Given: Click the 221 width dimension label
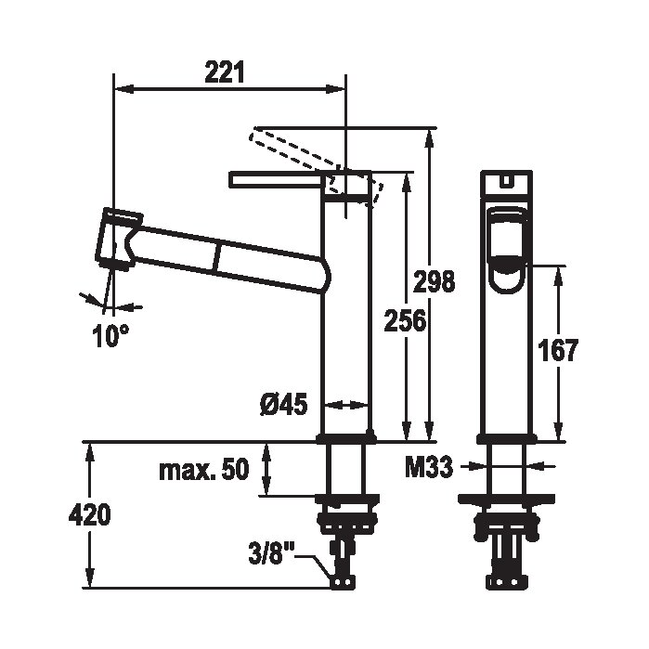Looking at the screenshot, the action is point(225,72).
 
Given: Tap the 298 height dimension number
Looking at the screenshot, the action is point(434,282).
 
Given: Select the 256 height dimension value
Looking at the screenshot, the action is point(405,320).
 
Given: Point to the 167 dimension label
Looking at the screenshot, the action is point(557,351).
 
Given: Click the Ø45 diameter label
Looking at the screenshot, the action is point(284,404).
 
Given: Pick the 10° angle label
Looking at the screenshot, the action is point(110,336).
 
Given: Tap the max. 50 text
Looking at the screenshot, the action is point(204,470).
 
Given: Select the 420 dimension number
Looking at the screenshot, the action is point(90,515).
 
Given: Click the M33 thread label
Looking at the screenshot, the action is point(429,468).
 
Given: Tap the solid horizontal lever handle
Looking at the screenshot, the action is point(276,179).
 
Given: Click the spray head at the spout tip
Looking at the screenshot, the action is point(118,240).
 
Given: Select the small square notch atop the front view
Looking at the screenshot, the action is point(506,180).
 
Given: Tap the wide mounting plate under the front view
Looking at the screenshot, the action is point(506,500).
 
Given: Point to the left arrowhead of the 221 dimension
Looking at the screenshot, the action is point(123,88).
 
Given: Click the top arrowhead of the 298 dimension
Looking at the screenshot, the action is point(431,137).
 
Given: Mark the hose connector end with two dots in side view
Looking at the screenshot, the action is point(343,581).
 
